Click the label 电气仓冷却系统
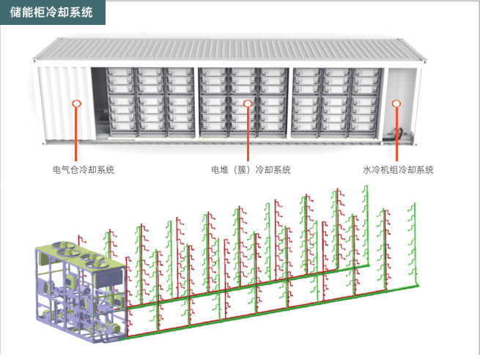pos(84,170)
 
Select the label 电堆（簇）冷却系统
pos(251,170)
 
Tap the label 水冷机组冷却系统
pos(398,170)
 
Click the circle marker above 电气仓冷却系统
pos(76,104)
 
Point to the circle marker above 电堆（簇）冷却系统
pos(248,104)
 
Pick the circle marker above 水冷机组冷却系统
pos(396,104)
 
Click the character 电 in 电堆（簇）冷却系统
pos(215,170)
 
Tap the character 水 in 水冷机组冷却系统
pos(366,170)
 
